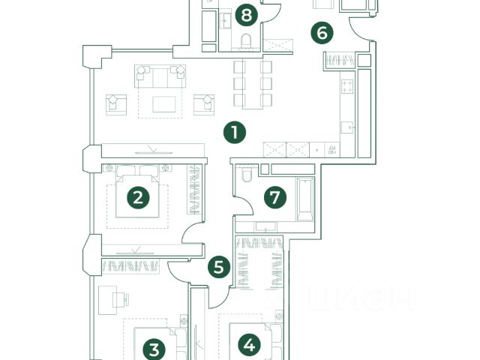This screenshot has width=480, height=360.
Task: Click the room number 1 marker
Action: click(235, 133)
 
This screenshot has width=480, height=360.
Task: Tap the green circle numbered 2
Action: click(138, 198)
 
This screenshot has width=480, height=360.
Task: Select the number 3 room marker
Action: click(154, 349)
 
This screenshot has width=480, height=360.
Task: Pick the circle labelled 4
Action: click(250, 345)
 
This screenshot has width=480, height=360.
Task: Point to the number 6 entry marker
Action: click(322, 33)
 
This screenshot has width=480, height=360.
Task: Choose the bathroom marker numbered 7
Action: click(275, 198)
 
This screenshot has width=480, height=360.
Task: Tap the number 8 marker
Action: click(245, 14)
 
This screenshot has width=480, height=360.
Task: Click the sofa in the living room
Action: click(159, 75)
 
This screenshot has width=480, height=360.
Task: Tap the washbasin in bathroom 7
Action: click(262, 226)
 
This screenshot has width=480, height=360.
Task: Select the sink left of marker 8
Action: click(226, 21)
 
